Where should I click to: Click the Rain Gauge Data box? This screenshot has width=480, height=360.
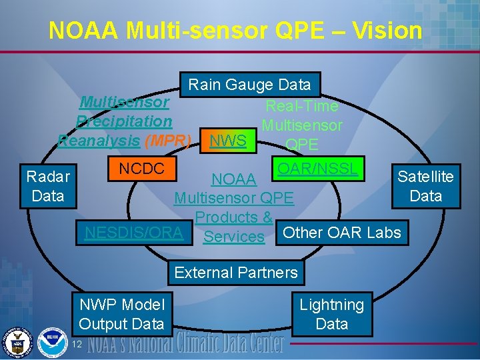tap(250, 85)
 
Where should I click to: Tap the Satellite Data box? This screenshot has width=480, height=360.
tap(425, 186)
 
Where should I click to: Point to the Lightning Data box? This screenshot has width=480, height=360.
tap(331, 314)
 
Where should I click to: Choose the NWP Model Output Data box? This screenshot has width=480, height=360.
tap(121, 314)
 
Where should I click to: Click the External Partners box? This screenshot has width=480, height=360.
tap(236, 272)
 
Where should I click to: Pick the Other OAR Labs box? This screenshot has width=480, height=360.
tap(342, 232)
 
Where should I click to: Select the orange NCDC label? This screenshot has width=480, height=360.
tap(141, 168)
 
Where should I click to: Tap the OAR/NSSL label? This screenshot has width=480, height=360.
tap(317, 168)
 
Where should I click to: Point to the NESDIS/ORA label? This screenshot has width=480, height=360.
tap(133, 232)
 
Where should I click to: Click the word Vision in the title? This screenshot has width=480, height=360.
tap(385, 31)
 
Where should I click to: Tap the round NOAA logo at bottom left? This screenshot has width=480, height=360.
tap(52, 342)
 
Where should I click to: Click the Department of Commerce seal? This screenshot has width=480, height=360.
tap(19, 342)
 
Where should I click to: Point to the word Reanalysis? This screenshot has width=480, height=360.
tap(99, 141)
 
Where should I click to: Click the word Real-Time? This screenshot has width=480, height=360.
tap(302, 105)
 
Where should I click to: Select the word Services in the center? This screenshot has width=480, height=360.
tap(234, 236)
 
